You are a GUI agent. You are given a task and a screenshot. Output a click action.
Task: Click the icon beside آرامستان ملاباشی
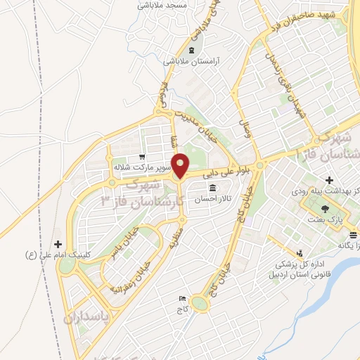192,50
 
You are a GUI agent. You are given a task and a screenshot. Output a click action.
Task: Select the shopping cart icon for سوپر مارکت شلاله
142,157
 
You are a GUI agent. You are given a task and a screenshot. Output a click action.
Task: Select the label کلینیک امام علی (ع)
51,253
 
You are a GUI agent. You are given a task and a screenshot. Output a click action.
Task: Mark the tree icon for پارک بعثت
324,208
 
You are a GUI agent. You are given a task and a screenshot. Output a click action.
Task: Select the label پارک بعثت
324,219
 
